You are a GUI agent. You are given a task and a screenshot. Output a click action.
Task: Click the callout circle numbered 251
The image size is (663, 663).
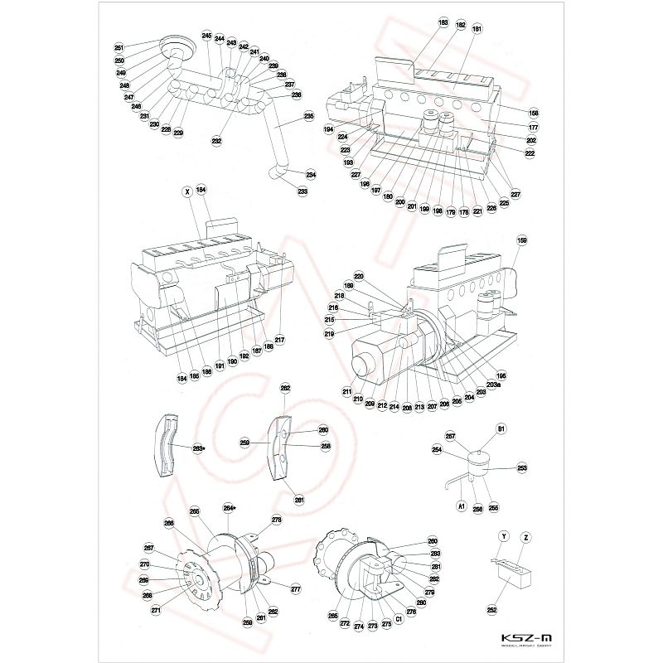119,48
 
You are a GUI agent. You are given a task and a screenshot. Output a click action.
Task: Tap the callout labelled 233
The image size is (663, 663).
302,191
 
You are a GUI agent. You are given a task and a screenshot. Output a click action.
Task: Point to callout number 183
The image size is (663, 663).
443,22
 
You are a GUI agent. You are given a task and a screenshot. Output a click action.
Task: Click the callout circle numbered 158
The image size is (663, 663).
534,113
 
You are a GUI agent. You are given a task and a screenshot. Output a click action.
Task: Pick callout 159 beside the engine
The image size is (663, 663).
521,241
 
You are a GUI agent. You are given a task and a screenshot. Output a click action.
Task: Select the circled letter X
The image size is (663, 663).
188,191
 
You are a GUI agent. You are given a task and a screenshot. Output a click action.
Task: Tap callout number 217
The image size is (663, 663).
279,340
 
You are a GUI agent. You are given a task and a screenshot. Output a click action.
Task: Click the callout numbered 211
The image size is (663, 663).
346,391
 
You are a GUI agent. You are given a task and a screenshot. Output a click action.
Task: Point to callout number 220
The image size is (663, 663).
359,276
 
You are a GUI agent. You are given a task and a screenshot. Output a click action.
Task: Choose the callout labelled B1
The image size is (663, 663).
501,428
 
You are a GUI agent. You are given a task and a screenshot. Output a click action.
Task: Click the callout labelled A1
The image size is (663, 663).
462,504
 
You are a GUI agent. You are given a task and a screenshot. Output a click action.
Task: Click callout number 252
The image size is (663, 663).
491,609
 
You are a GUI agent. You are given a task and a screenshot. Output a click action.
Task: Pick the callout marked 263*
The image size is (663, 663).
199,448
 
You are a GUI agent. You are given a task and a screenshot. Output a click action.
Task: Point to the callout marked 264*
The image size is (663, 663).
230,507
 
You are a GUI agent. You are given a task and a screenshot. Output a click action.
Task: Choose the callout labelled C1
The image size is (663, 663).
399,617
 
